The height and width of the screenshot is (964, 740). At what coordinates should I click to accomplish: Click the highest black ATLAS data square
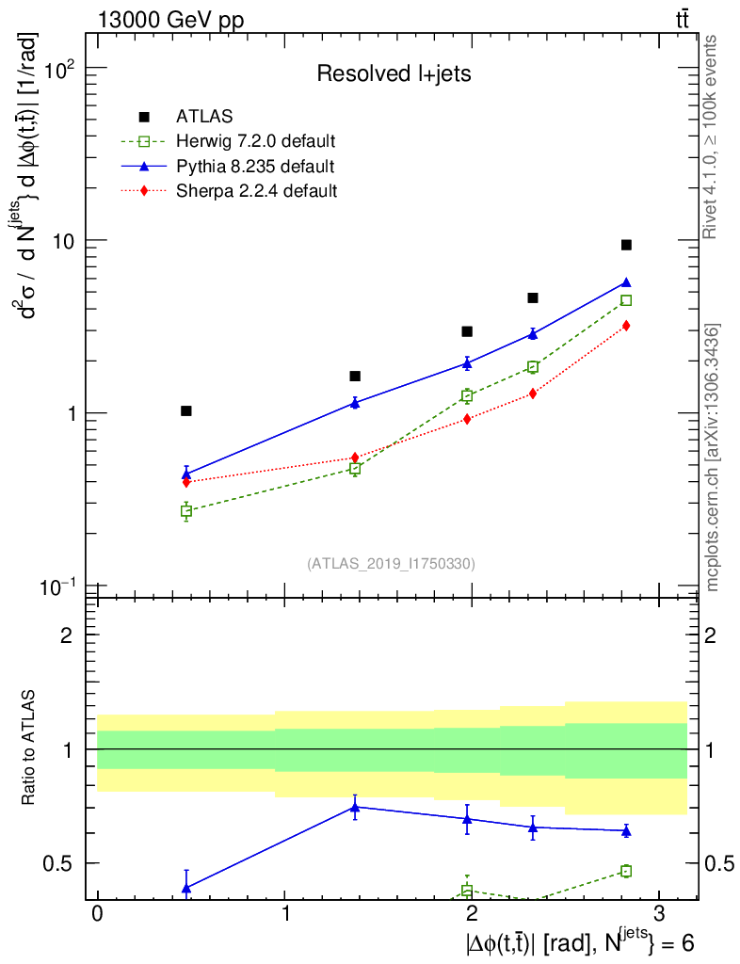click(626, 245)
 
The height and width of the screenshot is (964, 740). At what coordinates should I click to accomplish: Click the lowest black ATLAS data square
click(186, 410)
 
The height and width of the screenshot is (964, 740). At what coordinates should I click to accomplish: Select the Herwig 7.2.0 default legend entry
click(255, 141)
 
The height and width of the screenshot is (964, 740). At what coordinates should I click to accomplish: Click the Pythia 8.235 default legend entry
click(255, 167)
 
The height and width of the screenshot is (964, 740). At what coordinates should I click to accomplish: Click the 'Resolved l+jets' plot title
click(394, 74)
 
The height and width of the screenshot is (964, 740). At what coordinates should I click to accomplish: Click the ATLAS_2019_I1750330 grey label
click(391, 564)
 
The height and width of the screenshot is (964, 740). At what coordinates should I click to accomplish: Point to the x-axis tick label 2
click(471, 916)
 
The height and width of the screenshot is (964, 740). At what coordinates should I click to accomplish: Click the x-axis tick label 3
click(658, 916)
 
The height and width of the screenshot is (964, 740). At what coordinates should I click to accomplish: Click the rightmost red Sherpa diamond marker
click(626, 326)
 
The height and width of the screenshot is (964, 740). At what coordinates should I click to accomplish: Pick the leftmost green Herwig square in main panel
click(186, 511)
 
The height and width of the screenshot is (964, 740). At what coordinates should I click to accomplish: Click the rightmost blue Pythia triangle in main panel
click(626, 282)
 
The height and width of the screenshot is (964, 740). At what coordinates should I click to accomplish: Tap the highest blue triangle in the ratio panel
click(355, 806)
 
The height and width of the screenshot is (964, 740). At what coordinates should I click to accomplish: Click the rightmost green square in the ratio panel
click(626, 871)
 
